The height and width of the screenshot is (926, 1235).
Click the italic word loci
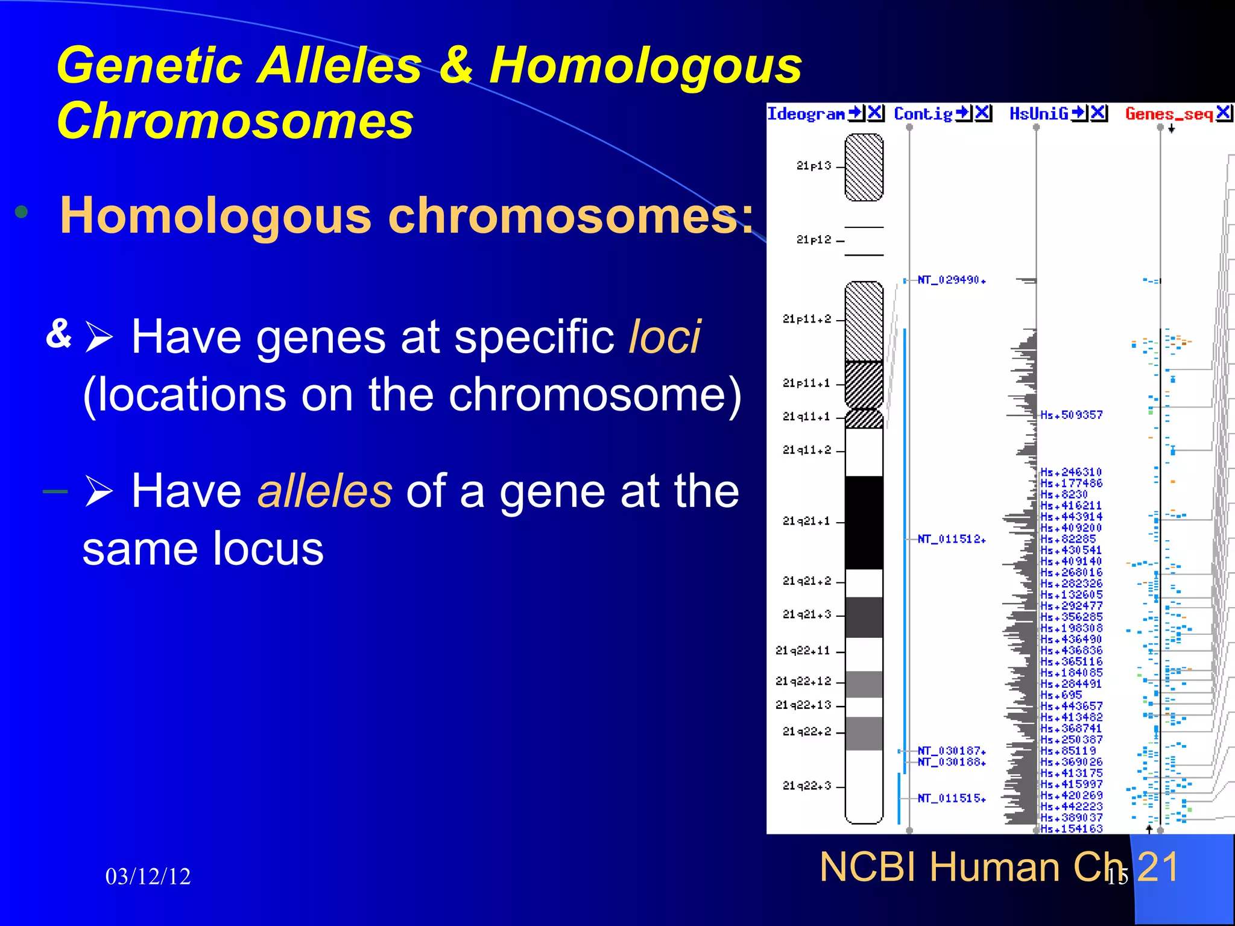pos(665,337)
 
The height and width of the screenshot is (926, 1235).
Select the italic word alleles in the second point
pos(325,491)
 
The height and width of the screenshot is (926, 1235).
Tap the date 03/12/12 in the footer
pos(148,877)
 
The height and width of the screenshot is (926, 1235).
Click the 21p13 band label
pos(813,166)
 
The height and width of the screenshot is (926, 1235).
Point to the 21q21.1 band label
pos(806,521)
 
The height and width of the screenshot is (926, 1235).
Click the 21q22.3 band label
pos(806,786)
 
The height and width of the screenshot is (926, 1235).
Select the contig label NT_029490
pos(951,280)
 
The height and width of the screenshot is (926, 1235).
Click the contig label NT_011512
pos(951,539)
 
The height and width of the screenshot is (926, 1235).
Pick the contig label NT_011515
pos(951,798)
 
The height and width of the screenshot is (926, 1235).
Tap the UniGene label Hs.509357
pos(1071,415)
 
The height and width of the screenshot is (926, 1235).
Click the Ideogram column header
pos(806,114)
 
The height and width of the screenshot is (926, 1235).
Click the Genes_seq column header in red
pos(1169,114)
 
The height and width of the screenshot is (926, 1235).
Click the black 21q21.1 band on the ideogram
pos(864,522)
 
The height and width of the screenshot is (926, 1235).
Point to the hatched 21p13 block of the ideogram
pos(864,168)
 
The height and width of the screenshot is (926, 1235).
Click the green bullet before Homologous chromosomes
pos(22,212)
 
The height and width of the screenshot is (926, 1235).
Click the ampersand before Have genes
pos(59,333)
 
